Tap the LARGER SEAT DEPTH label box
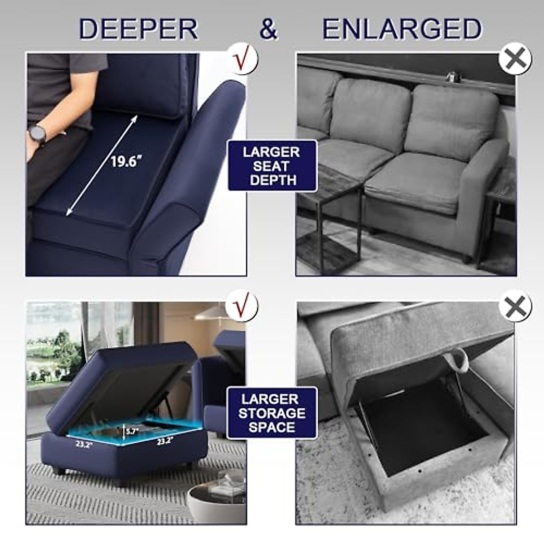click(x=272, y=165)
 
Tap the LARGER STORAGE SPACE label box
click(x=272, y=413)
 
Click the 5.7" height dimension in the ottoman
click(x=131, y=432)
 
